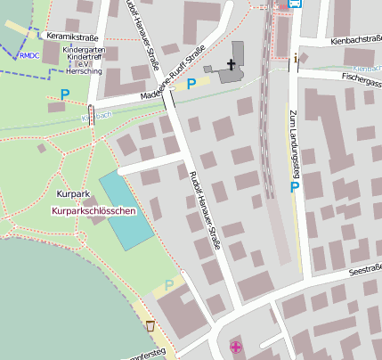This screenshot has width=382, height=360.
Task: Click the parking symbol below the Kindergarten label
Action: coord(64,94)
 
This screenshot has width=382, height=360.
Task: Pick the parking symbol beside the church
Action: coord(191,85)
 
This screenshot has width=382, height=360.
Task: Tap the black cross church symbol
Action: coord(232,64)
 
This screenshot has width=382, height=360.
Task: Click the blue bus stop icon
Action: coord(296,4)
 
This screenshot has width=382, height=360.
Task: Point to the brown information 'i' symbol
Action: coord(297,59)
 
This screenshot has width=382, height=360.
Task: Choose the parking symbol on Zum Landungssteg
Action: coord(294,188)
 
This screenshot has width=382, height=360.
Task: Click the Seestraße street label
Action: coord(365,269)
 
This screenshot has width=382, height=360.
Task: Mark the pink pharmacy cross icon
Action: coord(235,347)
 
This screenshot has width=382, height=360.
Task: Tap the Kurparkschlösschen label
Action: coord(94,211)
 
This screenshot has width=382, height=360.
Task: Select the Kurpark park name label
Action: coord(73,193)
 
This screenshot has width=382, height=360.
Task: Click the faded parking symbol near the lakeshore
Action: coord(169,285)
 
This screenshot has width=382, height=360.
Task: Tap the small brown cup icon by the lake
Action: coord(150,325)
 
